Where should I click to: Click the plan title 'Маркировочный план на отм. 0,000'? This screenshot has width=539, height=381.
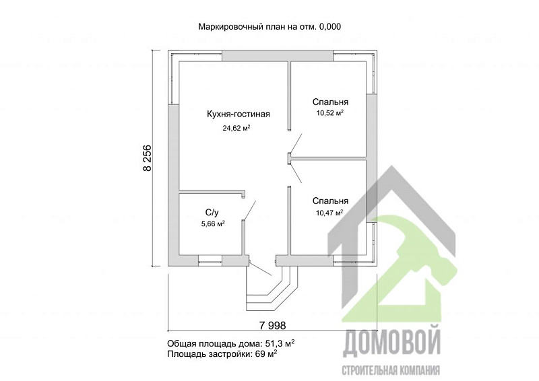click(x=269, y=27)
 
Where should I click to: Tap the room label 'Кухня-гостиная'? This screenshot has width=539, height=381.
click(x=238, y=114)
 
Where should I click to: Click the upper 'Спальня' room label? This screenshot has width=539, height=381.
click(x=329, y=102)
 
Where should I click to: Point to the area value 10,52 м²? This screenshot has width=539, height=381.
click(x=329, y=113)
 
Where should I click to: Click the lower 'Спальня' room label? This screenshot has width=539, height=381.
click(x=329, y=201)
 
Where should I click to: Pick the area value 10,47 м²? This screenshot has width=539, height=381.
click(x=329, y=212)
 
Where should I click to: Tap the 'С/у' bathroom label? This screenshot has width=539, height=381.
click(x=212, y=213)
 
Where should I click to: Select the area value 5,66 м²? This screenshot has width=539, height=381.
click(x=212, y=224)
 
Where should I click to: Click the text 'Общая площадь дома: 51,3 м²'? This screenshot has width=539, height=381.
click(x=230, y=343)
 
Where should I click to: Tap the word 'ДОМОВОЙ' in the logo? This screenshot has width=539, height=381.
click(x=391, y=343)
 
